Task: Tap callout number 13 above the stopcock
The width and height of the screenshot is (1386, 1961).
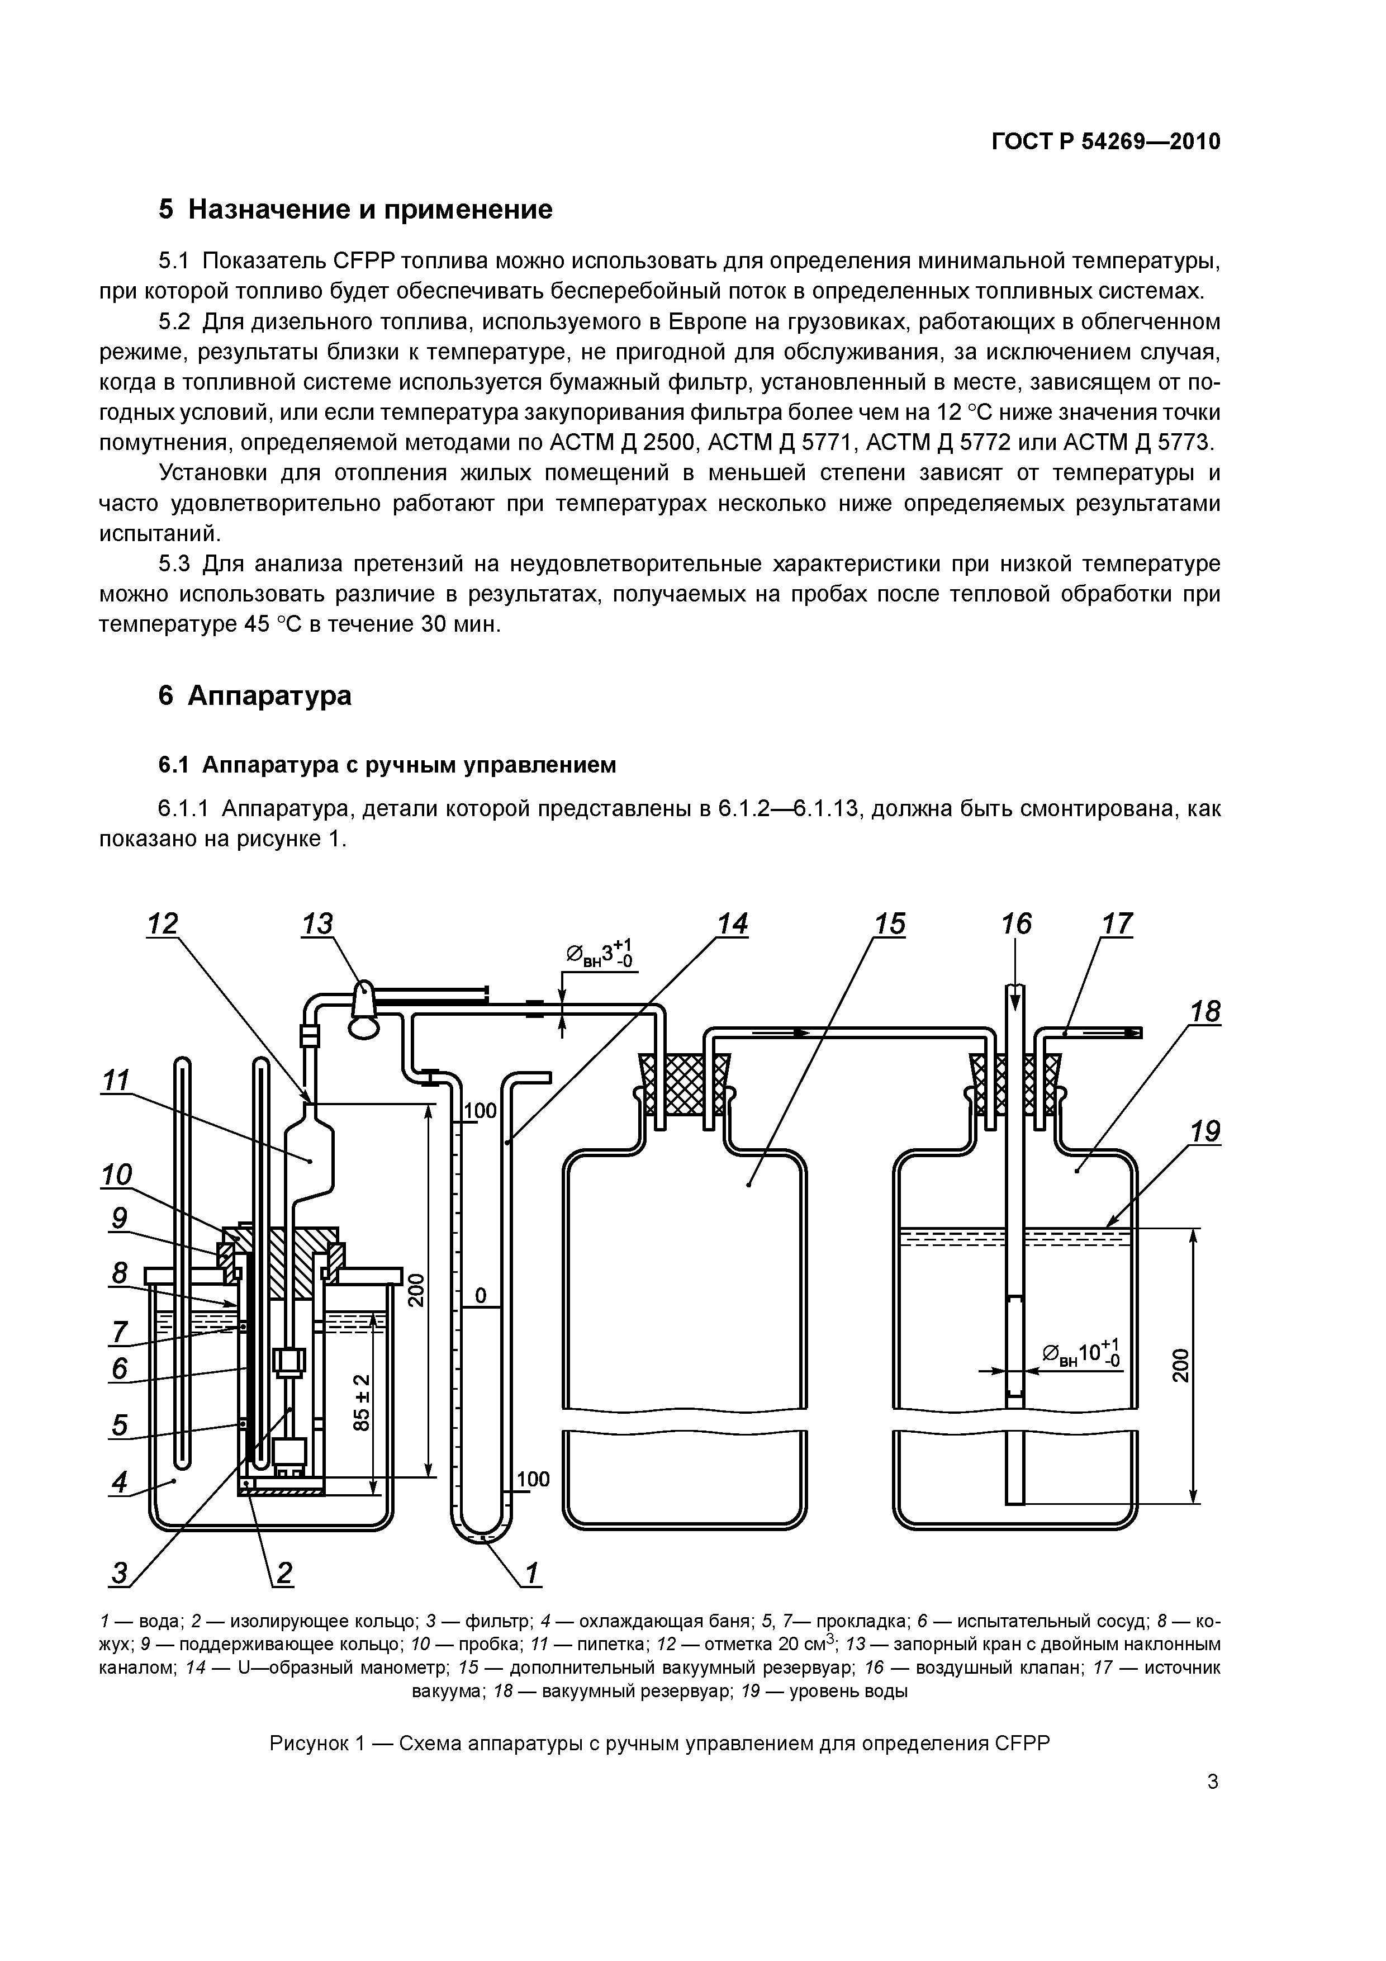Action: click(x=317, y=924)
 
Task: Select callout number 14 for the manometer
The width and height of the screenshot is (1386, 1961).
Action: click(x=732, y=924)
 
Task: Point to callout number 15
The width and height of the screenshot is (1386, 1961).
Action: click(x=889, y=924)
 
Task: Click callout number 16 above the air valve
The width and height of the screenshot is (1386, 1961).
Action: click(x=1015, y=924)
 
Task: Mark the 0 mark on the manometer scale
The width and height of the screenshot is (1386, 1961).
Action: click(x=480, y=1296)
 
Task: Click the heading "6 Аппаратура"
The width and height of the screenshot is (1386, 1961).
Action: click(x=254, y=696)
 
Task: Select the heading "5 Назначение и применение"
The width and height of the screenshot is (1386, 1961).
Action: click(x=355, y=209)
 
